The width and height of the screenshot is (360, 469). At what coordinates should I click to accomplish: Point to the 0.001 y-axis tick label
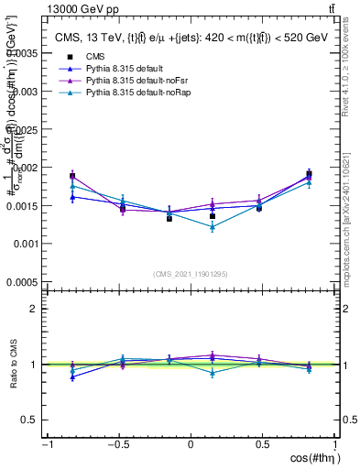click(27, 244)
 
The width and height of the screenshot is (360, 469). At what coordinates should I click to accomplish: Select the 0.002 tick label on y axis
click(27, 168)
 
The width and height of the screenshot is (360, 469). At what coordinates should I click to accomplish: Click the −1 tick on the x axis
click(46, 445)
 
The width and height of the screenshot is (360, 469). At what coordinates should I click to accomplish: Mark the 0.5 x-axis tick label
click(263, 445)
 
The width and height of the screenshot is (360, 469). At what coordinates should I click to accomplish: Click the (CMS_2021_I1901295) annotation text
click(191, 274)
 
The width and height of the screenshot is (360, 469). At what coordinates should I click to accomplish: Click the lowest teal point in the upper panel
click(213, 227)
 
